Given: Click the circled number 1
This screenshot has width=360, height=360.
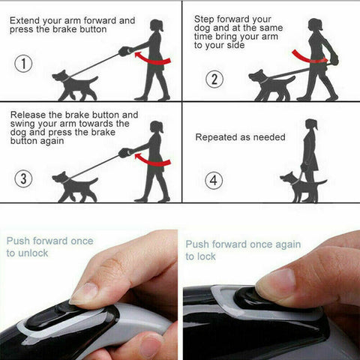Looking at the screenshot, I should pos(25,64).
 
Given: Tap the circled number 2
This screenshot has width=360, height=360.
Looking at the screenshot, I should pos(214,79).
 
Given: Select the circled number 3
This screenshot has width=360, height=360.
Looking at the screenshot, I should pos(25,178).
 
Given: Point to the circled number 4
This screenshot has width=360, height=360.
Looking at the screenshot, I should pos(214,180).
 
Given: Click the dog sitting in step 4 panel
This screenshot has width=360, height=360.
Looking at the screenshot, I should pos(295,185).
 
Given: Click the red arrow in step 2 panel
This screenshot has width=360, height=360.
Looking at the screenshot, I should pos(307,55).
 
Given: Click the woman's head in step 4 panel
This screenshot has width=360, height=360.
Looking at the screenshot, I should pos(310,125).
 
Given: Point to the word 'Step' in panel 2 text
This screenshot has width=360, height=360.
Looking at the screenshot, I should pos(206,18).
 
